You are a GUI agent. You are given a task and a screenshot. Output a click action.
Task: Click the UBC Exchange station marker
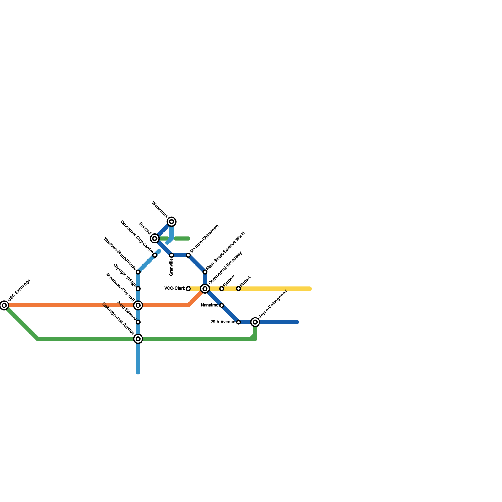click(x=4, y=305)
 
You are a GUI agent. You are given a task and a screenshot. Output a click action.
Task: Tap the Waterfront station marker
click(x=172, y=222)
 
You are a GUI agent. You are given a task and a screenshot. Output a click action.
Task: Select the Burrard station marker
click(x=155, y=238)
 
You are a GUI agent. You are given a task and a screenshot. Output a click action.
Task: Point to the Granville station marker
click(x=172, y=255)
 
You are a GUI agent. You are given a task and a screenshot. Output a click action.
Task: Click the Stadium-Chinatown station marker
click(x=188, y=255)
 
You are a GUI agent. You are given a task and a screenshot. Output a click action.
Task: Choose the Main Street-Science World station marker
click(x=205, y=272)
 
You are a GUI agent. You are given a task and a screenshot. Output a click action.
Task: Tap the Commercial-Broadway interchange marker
click(x=205, y=289)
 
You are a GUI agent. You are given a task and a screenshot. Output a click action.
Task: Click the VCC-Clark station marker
click(x=188, y=289)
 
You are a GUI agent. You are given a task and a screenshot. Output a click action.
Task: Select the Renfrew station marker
click(x=222, y=289)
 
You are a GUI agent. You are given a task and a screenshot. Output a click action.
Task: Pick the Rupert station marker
click(x=238, y=289)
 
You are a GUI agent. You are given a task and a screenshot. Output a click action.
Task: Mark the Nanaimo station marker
click(x=222, y=305)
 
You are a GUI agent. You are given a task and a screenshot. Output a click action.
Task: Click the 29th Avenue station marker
click(x=238, y=322)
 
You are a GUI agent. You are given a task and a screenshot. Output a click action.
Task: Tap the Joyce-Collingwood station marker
click(x=255, y=322)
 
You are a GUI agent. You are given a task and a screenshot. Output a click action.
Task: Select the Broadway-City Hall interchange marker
click(x=138, y=305)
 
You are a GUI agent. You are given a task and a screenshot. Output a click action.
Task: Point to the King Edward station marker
click(x=138, y=322)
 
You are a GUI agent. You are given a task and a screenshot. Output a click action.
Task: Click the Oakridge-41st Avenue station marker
click(x=138, y=339)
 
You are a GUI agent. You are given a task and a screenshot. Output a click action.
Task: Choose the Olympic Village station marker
click(x=138, y=289)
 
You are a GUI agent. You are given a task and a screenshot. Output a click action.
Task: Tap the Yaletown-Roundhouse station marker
click(x=138, y=272)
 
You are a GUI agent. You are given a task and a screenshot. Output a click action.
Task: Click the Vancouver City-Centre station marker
click(x=155, y=255)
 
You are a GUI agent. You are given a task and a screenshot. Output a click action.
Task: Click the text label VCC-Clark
click(x=175, y=289)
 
